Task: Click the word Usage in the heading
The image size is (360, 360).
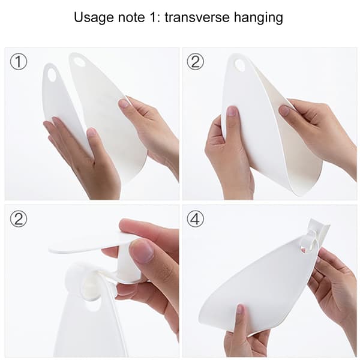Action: pos(94,18)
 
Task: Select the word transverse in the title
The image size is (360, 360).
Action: pos(197,17)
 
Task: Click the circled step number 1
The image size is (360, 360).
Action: pos(19,62)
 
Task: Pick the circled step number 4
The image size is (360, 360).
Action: pos(195,219)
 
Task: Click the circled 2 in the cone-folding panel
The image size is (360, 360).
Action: pos(195,62)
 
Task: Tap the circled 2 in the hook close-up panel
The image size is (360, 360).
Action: pos(19,219)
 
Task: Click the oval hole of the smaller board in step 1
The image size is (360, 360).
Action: pos(51,75)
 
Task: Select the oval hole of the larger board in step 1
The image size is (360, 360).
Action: pos(79,61)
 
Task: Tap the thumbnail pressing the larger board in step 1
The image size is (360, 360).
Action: pos(124,103)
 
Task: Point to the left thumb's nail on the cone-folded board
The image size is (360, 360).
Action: pos(231,111)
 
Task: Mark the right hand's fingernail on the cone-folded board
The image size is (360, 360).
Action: pos(284,110)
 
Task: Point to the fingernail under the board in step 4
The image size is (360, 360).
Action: pos(240,309)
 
